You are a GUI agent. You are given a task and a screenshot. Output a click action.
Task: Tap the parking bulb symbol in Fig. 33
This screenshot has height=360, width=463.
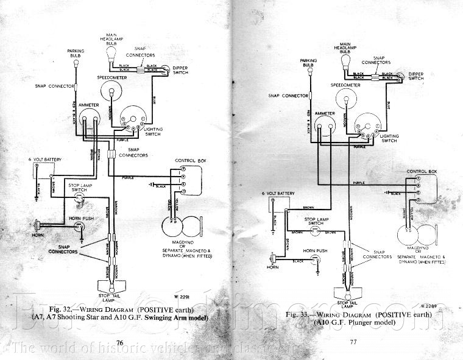click(x=309, y=71)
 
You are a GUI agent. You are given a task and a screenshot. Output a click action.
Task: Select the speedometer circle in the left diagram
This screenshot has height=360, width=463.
click(x=112, y=92)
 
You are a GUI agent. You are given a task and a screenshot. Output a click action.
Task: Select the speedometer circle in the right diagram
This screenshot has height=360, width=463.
click(x=345, y=96)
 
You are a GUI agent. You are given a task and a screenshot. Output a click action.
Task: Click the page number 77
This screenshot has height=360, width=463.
click(x=352, y=342)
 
